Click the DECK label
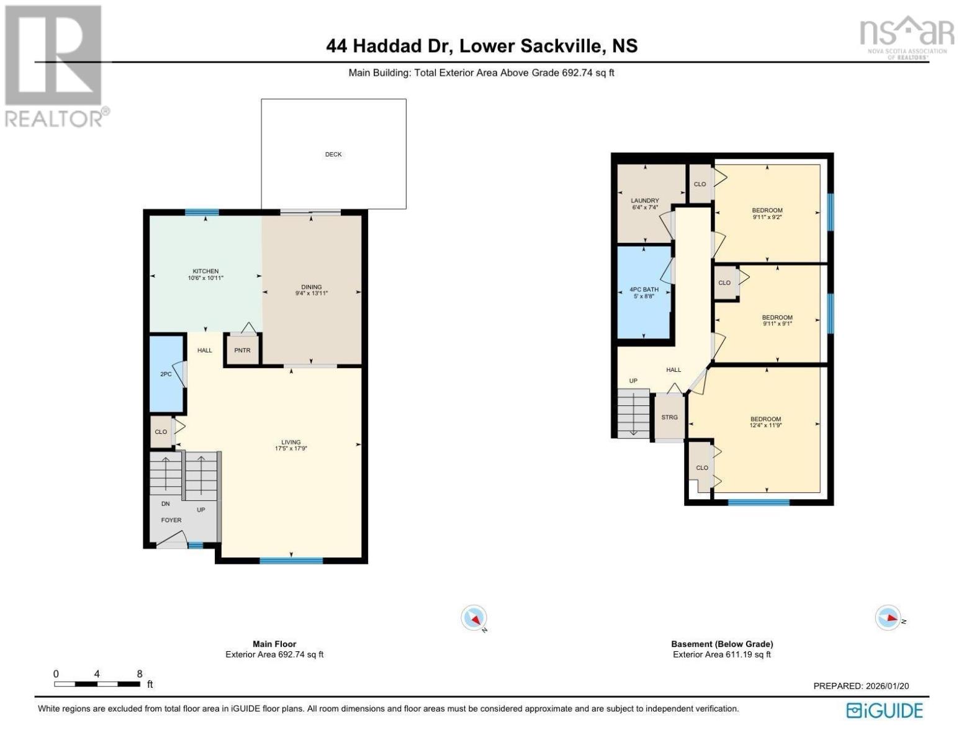333,155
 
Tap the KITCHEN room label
205,271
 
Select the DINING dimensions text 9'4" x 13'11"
312,293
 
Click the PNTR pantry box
242,350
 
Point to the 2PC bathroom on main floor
166,374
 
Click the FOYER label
171,520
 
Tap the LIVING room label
291,443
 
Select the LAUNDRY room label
645,201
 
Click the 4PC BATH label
644,290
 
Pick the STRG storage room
670,417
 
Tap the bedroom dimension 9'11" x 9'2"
767,217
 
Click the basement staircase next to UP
634,413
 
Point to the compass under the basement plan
888,617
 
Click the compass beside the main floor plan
474,618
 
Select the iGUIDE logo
885,711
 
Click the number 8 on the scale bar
139,674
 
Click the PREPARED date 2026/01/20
886,686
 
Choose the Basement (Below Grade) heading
722,644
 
